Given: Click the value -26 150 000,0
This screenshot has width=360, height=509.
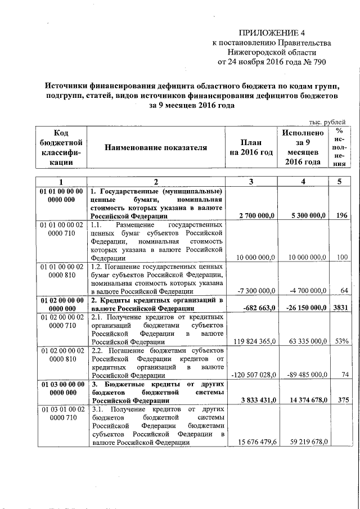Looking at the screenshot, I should click(305, 308).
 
